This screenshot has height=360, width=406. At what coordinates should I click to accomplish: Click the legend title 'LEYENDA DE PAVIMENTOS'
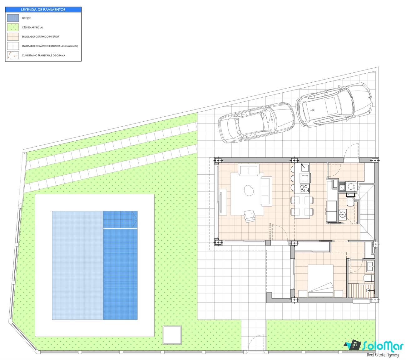tap(43, 9)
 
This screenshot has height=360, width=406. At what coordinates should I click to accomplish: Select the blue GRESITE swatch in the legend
tap(13, 18)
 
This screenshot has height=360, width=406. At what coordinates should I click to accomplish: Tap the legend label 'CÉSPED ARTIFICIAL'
tap(32, 27)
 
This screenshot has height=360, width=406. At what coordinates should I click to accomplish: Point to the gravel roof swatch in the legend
tap(13, 55)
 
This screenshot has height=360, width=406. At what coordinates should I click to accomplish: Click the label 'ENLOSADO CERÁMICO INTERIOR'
tap(41, 36)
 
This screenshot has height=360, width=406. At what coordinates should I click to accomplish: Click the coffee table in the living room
tap(249, 190)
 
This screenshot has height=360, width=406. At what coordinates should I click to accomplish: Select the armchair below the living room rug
tap(249, 216)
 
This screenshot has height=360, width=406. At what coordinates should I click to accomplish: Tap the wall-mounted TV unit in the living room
tap(223, 202)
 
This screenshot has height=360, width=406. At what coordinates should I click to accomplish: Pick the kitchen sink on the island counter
tap(305, 168)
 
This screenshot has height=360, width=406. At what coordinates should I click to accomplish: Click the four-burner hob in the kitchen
tap(304, 189)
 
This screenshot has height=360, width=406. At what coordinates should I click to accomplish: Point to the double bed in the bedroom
tap(320, 281)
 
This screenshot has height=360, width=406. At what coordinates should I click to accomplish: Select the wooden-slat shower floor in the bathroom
tap(361, 290)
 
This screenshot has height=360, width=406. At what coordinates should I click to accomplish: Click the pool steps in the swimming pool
tap(120, 219)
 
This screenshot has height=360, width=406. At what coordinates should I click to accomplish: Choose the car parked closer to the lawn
tap(256, 123)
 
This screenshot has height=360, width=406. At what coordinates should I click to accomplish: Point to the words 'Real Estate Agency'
tap(383, 355)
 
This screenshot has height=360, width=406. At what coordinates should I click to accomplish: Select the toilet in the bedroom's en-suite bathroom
tap(369, 278)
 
